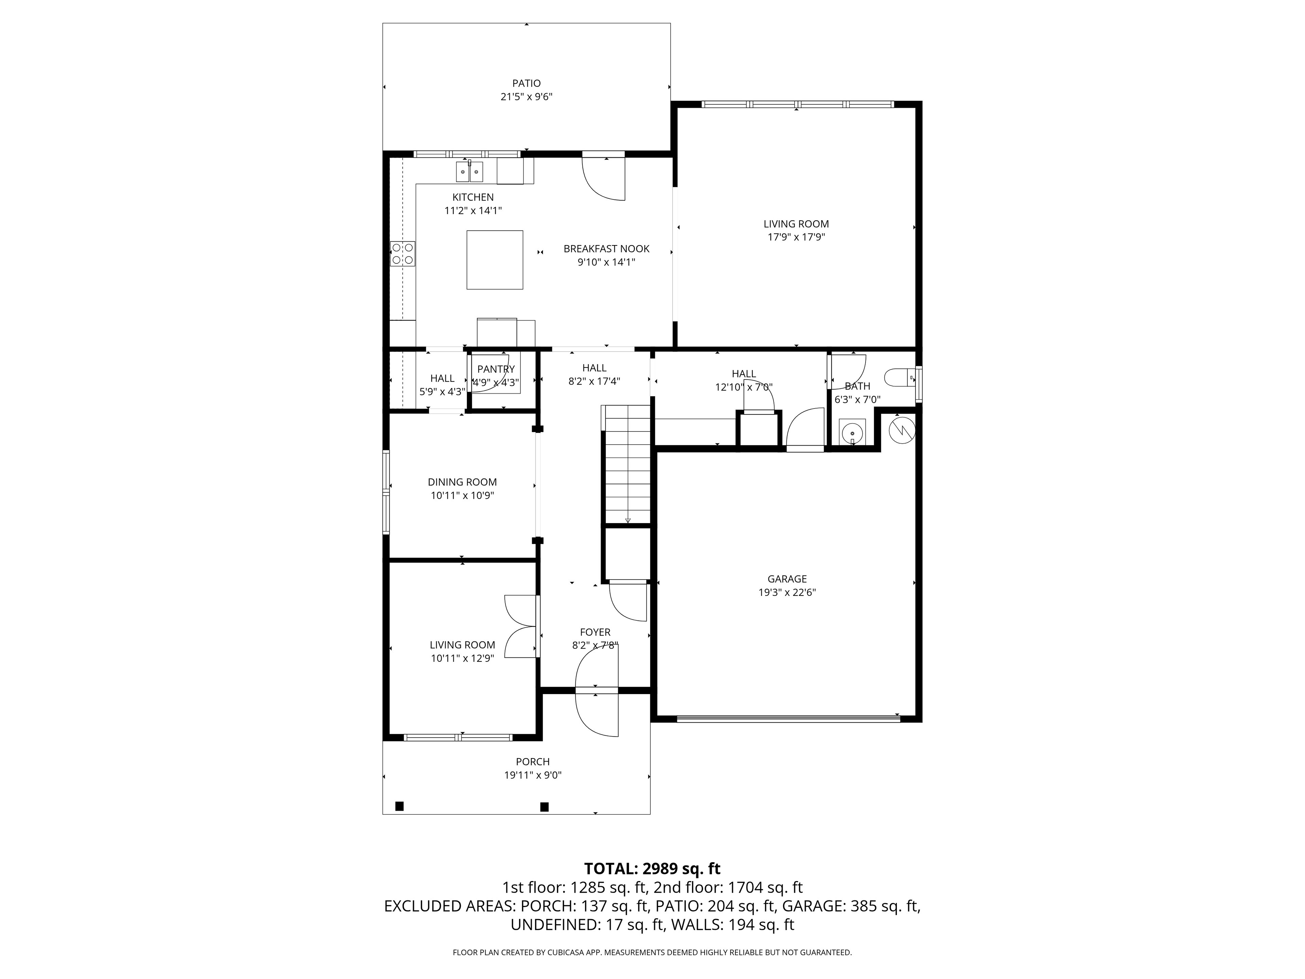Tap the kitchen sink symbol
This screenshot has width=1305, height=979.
click(x=470, y=172)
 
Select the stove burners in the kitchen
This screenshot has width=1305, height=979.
click(x=402, y=254)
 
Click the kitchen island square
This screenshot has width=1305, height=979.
click(x=494, y=260)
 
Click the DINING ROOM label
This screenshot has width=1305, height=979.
click(x=463, y=482)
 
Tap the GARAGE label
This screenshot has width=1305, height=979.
click(x=787, y=579)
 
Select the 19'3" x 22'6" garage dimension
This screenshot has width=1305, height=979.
click(x=787, y=592)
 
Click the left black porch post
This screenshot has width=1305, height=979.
click(x=399, y=806)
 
